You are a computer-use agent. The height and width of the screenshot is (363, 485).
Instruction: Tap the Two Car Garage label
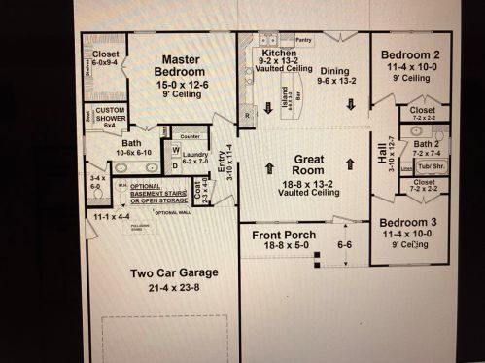[x=175, y=273]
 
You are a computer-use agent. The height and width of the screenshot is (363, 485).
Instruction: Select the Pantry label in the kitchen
[x=304, y=42]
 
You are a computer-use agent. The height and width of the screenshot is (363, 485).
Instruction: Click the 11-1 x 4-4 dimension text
[x=103, y=214]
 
